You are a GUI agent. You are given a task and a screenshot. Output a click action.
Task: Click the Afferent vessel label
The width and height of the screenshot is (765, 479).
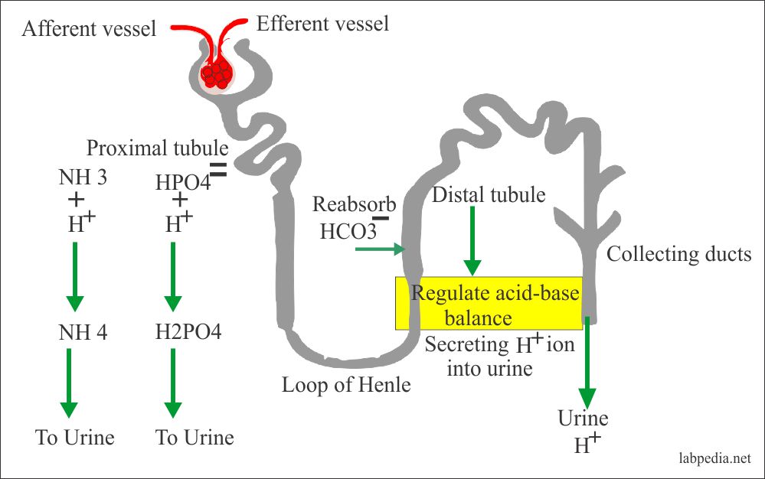pyautogui.click(x=89, y=29)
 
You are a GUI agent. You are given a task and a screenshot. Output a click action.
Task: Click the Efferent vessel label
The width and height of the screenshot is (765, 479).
pyautogui.click(x=322, y=24)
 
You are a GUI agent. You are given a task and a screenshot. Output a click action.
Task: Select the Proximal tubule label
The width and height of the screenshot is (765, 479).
pyautogui.click(x=157, y=147)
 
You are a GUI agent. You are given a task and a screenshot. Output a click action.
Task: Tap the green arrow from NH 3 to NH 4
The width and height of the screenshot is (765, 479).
pyautogui.click(x=74, y=275)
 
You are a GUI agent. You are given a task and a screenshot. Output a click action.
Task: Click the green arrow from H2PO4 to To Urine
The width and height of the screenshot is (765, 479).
pyautogui.click(x=172, y=382)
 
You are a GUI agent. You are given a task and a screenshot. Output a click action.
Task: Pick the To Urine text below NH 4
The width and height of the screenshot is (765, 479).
pyautogui.click(x=74, y=438)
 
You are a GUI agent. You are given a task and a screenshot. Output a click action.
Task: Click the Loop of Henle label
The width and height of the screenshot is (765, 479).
pyautogui.click(x=346, y=384)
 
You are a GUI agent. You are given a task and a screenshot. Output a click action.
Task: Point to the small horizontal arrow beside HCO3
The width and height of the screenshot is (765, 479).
pyautogui.click(x=378, y=248)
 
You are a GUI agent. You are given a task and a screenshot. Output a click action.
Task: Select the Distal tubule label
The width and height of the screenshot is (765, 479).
pyautogui.click(x=489, y=195)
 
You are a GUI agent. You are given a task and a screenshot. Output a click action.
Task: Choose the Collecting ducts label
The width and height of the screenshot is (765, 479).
pyautogui.click(x=679, y=253)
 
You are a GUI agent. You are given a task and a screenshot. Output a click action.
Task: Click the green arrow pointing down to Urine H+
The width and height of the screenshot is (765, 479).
pyautogui.click(x=587, y=367)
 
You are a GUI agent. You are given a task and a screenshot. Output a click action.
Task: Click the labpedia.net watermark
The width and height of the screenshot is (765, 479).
pyautogui.click(x=717, y=460)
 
